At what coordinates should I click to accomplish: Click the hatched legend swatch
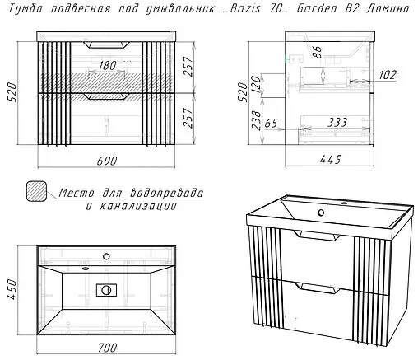pyautogui.click(x=37, y=192)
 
